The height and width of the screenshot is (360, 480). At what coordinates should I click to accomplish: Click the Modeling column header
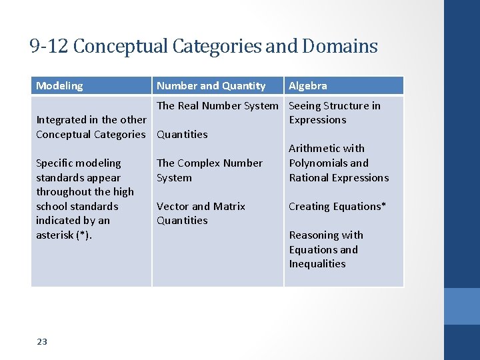pyautogui.click(x=59, y=86)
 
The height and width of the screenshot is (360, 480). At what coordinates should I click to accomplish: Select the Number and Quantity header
pyautogui.click(x=211, y=86)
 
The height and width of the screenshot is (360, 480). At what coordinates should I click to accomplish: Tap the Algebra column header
pyautogui.click(x=307, y=86)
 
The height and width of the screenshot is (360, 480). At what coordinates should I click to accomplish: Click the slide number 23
pyautogui.click(x=42, y=342)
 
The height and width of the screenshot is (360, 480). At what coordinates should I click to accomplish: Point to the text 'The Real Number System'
pyautogui.click(x=217, y=105)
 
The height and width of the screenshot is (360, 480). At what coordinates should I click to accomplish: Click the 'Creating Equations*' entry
pyautogui.click(x=337, y=206)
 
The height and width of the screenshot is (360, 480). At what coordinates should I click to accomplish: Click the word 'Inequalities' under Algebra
pyautogui.click(x=317, y=264)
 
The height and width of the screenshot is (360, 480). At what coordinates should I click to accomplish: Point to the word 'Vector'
pyautogui.click(x=173, y=206)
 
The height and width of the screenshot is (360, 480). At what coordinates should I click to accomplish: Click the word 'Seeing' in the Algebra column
pyautogui.click(x=305, y=105)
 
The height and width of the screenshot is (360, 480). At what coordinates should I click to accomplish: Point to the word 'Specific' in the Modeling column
pyautogui.click(x=55, y=163)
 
